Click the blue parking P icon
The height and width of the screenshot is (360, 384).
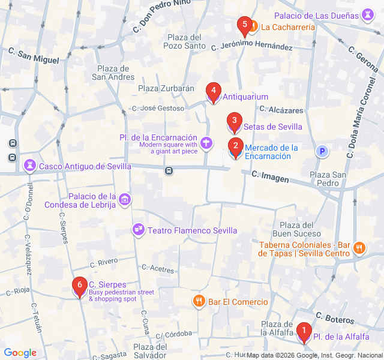323,152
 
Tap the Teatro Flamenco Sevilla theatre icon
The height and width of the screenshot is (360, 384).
139,230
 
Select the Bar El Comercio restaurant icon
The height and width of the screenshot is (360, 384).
199,301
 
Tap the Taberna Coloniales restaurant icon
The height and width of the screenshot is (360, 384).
359,248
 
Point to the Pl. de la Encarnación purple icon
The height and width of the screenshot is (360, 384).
206,143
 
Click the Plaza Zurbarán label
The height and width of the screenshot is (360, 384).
166,88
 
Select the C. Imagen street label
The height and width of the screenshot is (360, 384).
271,176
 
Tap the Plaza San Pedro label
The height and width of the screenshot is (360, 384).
328,178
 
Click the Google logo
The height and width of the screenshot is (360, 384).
20,353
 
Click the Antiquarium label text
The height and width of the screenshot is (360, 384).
245,97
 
